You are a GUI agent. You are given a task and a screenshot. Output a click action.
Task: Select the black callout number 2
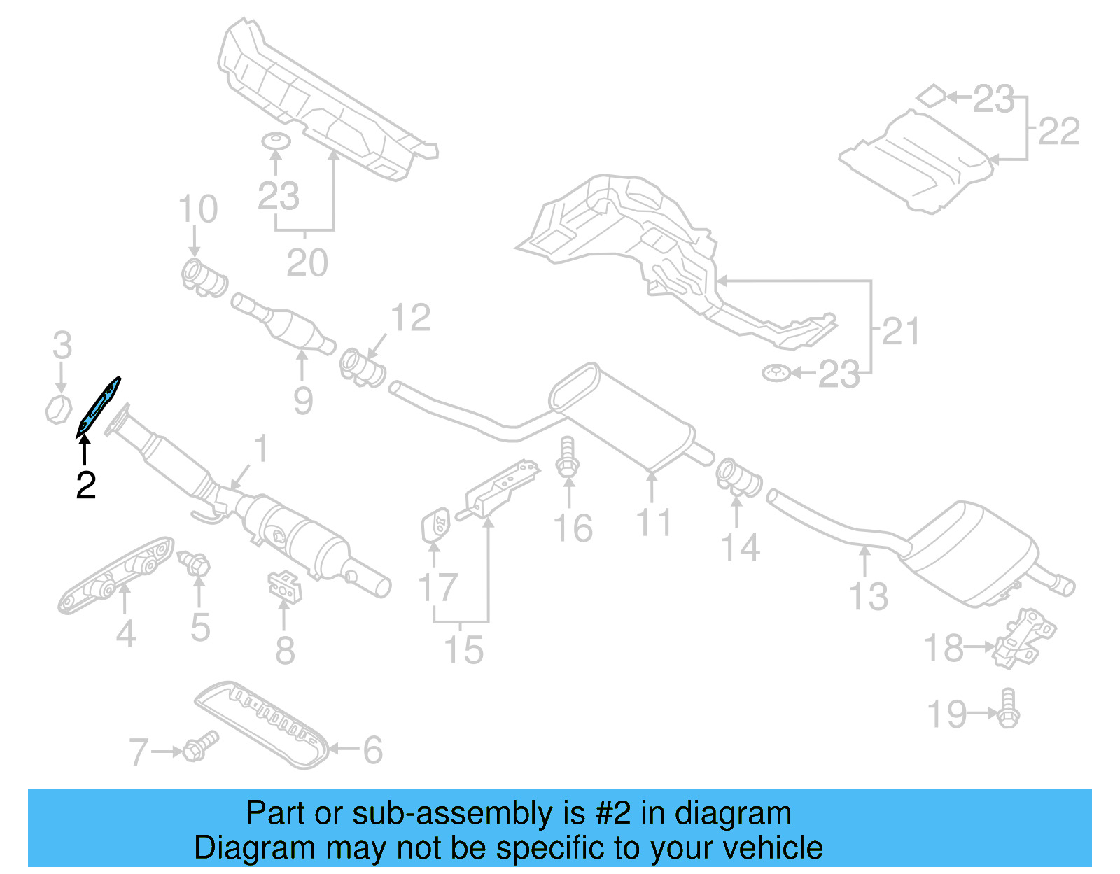coord(85,485)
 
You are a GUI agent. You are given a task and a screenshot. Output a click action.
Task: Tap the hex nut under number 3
coord(59,409)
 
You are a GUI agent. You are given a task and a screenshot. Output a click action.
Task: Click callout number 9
coord(302,400)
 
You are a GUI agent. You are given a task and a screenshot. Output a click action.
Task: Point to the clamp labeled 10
coord(203,278)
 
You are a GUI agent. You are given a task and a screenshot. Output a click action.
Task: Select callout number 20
coord(307,263)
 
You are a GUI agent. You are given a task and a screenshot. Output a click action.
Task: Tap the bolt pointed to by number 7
coord(200,747)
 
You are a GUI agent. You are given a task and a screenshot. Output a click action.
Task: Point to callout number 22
coord(1058,131)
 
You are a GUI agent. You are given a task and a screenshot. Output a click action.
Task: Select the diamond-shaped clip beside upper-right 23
coord(931,96)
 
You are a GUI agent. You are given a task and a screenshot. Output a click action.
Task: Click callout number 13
coord(868,596)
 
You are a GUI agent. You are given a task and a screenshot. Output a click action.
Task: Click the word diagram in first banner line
coord(733,813)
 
